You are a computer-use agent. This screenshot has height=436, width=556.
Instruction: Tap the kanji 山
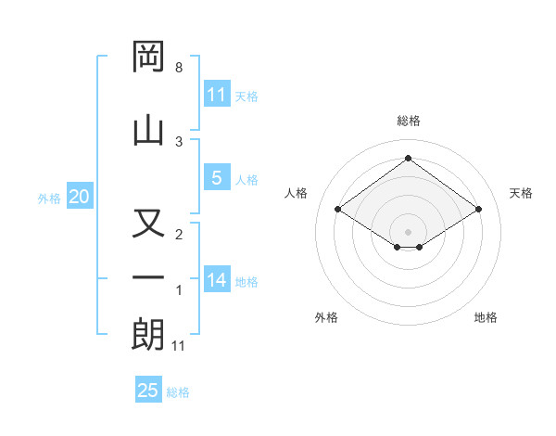click(x=148, y=128)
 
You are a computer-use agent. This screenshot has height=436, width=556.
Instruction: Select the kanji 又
click(x=148, y=225)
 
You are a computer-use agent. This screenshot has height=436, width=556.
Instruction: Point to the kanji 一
click(x=148, y=277)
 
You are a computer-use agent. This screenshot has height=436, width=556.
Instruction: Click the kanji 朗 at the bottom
click(x=148, y=333)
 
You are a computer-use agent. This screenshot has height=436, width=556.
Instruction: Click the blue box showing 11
click(x=216, y=95)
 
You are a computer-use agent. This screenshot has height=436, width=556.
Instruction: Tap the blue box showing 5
click(x=216, y=178)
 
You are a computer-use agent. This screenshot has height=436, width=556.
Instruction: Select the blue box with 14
click(x=216, y=280)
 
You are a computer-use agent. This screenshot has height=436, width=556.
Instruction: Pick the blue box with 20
click(x=79, y=197)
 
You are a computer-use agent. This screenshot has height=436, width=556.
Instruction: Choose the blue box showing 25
click(x=148, y=391)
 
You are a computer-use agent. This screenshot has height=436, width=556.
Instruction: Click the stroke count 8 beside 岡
click(x=179, y=68)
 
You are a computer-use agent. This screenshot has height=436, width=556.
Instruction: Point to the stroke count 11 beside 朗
click(x=179, y=346)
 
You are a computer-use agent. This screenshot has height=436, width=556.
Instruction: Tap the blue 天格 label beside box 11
click(x=246, y=96)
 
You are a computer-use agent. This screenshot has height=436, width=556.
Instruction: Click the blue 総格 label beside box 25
click(x=178, y=392)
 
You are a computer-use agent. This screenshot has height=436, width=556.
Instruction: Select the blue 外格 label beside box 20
click(x=49, y=198)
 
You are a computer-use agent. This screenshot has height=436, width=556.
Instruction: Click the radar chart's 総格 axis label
click(x=409, y=121)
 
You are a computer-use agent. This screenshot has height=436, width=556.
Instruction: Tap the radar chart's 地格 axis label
click(x=486, y=317)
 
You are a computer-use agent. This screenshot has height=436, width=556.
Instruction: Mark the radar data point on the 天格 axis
click(x=478, y=210)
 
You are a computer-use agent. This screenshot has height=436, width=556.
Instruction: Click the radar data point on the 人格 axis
click(x=338, y=210)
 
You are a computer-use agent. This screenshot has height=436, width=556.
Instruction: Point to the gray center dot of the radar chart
click(x=408, y=231)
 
